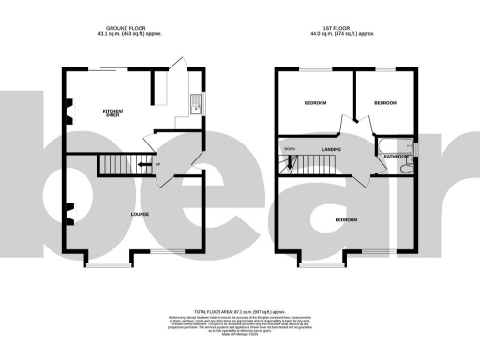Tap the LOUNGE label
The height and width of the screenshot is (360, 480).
140,215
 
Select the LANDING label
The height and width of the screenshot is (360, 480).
330,150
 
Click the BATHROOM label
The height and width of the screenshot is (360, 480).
391,157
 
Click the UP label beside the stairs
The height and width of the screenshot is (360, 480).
157,165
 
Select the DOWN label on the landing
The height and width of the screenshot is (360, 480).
291,147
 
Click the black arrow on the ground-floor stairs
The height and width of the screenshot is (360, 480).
142,166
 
